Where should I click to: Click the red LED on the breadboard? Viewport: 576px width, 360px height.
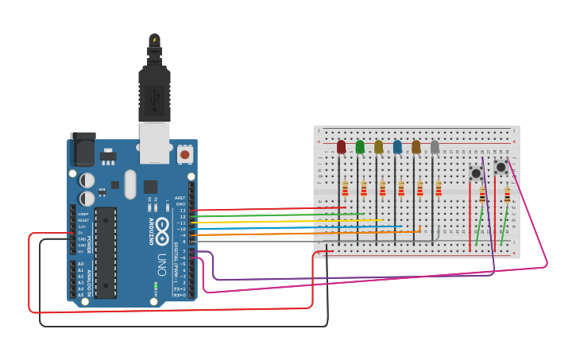pyautogui.click(x=342, y=147)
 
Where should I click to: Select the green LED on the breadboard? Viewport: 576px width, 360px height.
pyautogui.click(x=360, y=147)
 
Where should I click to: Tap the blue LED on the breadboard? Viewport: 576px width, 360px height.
pyautogui.click(x=397, y=147)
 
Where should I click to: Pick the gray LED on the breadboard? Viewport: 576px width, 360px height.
pyautogui.click(x=435, y=147)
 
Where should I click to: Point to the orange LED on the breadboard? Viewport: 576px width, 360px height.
pyautogui.click(x=416, y=147)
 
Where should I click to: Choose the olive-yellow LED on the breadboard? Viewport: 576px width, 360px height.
pyautogui.click(x=379, y=147)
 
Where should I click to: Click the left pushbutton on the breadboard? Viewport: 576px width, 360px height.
pyautogui.click(x=476, y=173)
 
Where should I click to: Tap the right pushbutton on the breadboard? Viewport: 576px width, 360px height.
pyautogui.click(x=501, y=168)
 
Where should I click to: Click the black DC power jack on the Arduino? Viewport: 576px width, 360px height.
pyautogui.click(x=83, y=149)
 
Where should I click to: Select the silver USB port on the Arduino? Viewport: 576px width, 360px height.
pyautogui.click(x=155, y=141)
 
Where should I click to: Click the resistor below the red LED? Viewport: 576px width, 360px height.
pyautogui.click(x=345, y=188)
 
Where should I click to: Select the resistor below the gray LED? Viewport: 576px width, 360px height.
pyautogui.click(x=438, y=188)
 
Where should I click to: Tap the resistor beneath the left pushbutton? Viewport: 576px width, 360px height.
pyautogui.click(x=482, y=195)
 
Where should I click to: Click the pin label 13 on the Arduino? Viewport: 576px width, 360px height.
pyautogui.click(x=183, y=211)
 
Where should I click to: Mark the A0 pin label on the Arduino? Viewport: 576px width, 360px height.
pyautogui.click(x=80, y=264)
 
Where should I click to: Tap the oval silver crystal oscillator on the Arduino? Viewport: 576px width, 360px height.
pyautogui.click(x=130, y=184)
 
